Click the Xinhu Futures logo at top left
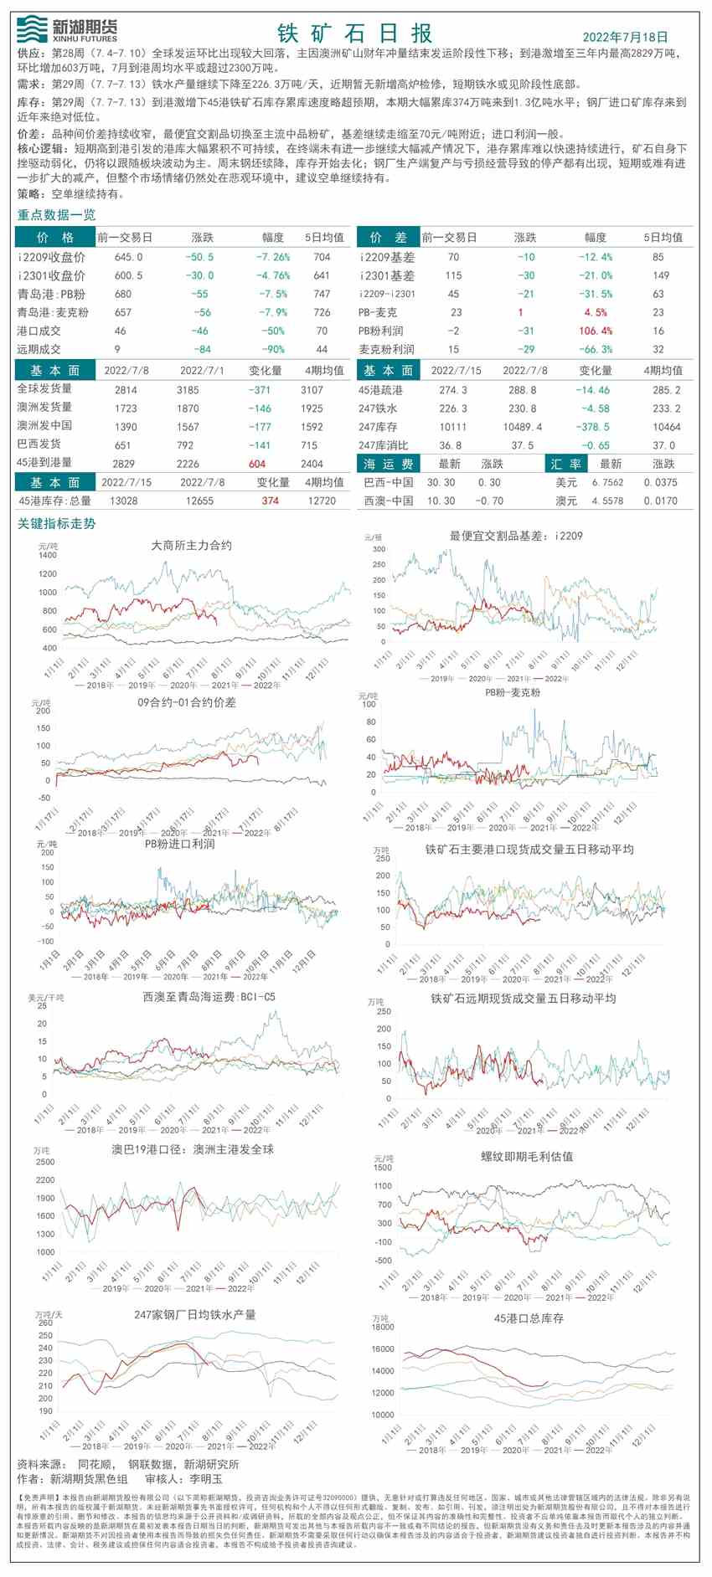point(67,29)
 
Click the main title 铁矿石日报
point(355,33)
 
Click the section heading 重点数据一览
point(57,215)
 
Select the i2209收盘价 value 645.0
point(128,257)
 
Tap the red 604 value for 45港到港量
point(257,463)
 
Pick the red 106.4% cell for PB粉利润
point(596,331)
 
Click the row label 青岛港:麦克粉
point(53,312)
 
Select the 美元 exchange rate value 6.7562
point(607,482)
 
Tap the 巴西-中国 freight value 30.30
point(441,482)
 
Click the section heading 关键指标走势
point(57,523)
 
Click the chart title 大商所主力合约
point(191,545)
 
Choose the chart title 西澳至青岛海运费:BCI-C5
point(209,997)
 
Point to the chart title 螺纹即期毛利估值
point(527,1156)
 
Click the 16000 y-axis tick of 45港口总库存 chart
point(383,1349)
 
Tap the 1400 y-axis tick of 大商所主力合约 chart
point(48,555)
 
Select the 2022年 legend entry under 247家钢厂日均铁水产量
point(261,1446)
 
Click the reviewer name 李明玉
point(206,1479)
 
